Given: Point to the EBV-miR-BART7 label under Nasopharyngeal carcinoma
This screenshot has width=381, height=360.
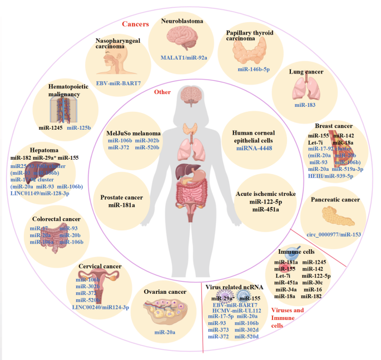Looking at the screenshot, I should pos(117,82).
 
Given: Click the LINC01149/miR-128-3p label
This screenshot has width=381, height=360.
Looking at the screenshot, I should pos(50,193).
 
